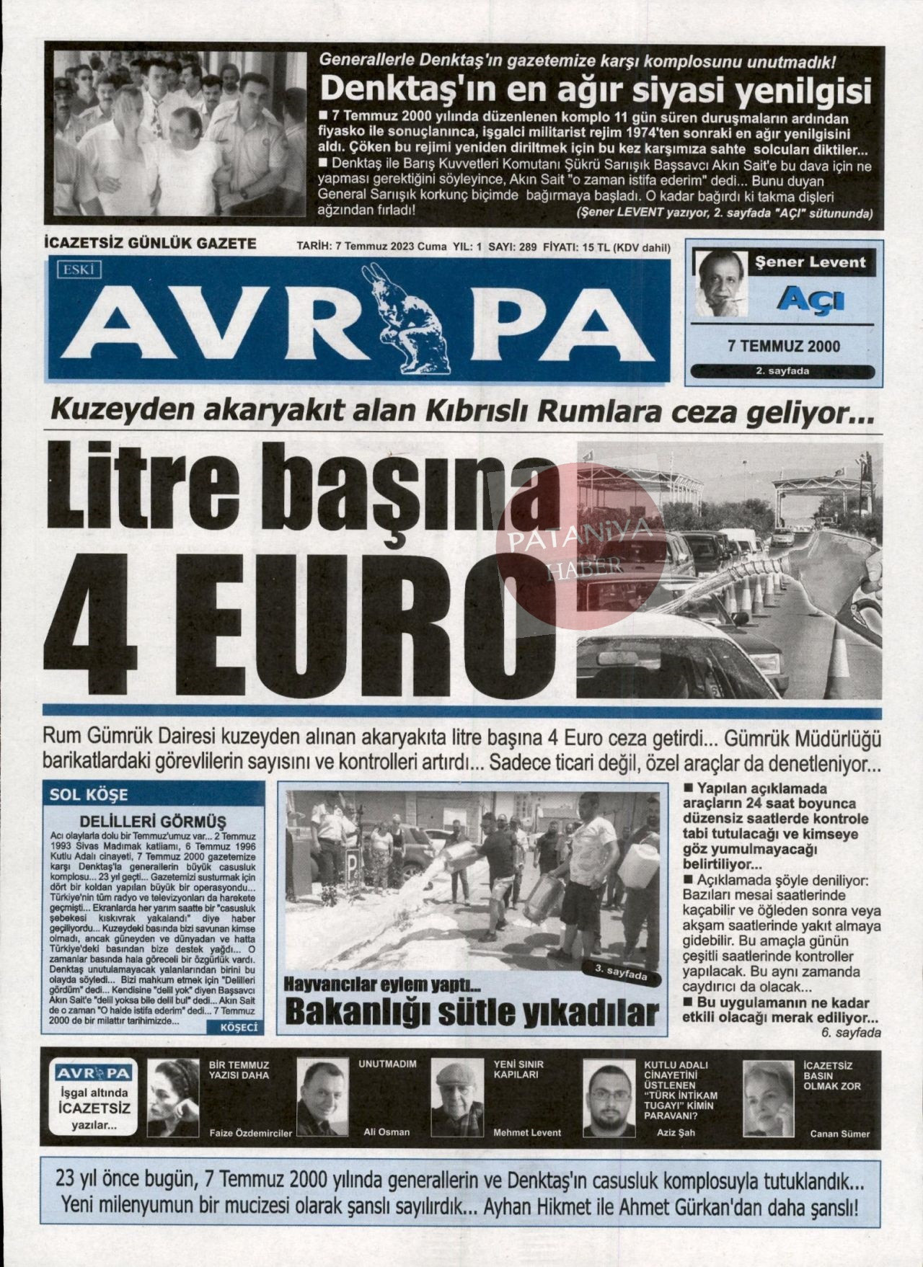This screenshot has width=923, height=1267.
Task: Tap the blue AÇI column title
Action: coord(811,298)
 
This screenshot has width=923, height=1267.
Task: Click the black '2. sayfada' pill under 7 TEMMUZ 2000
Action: coord(782,372)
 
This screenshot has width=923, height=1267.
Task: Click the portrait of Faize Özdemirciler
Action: coord(173,1098)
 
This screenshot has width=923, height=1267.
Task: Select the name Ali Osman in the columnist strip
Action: coord(386,1132)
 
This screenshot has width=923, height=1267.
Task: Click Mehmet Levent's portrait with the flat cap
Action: coord(461,1098)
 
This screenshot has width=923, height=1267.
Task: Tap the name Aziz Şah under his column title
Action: coord(676,1132)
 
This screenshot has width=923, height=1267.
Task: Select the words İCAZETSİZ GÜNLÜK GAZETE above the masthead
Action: coord(150,244)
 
